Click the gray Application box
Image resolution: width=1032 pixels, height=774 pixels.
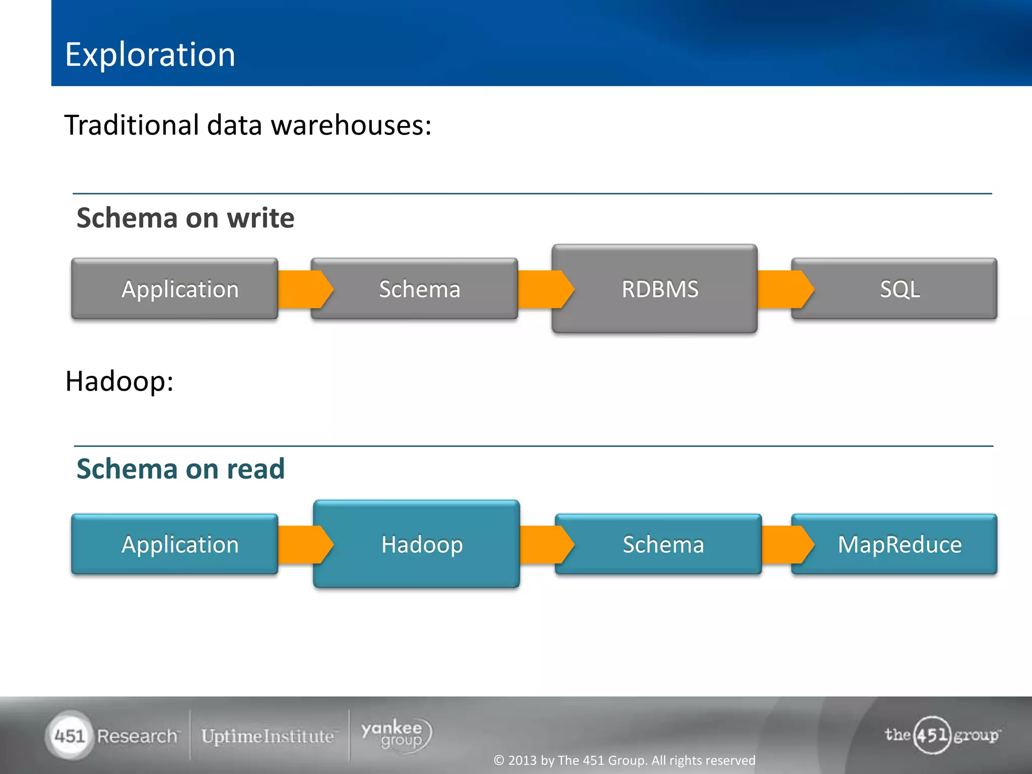(x=175, y=289)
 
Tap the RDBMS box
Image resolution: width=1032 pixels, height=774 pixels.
(x=655, y=289)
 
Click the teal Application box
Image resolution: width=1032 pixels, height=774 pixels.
(x=175, y=544)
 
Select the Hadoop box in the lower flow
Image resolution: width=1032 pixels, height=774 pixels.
(x=417, y=544)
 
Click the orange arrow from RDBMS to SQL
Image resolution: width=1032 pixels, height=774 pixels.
(x=784, y=289)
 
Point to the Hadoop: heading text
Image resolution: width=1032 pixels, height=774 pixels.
(x=119, y=381)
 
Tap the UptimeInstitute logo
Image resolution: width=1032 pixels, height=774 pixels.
(x=268, y=736)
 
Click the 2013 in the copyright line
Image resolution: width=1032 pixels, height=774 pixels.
(x=523, y=760)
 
